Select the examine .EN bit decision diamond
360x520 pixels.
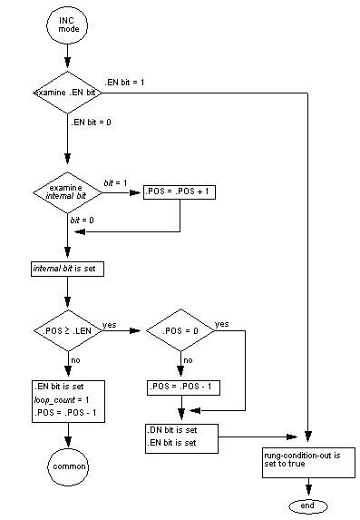click(x=68, y=94)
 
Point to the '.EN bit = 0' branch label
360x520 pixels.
click(x=93, y=123)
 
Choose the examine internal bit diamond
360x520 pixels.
click(x=68, y=192)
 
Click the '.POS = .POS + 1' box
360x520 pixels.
click(x=180, y=192)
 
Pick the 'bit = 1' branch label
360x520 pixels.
click(x=115, y=183)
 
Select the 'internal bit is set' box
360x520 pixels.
click(x=68, y=269)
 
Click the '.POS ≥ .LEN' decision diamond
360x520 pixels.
click(x=68, y=333)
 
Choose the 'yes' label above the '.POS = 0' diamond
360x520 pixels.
click(x=220, y=324)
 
